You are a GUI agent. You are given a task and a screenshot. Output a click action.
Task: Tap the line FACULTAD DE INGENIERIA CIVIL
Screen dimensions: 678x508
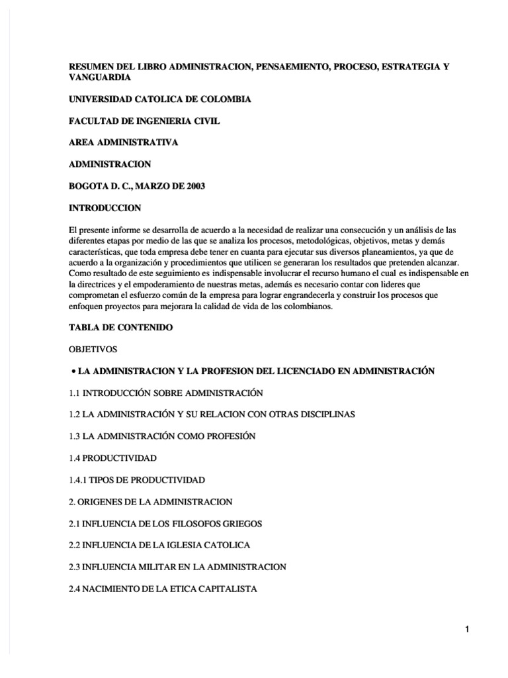[145, 121]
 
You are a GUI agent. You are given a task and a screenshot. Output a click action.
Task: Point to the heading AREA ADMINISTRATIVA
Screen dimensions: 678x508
[124, 142]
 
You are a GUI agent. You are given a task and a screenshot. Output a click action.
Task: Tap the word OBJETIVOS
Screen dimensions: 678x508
[91, 350]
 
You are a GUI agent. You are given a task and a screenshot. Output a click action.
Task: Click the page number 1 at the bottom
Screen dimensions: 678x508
[467, 629]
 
